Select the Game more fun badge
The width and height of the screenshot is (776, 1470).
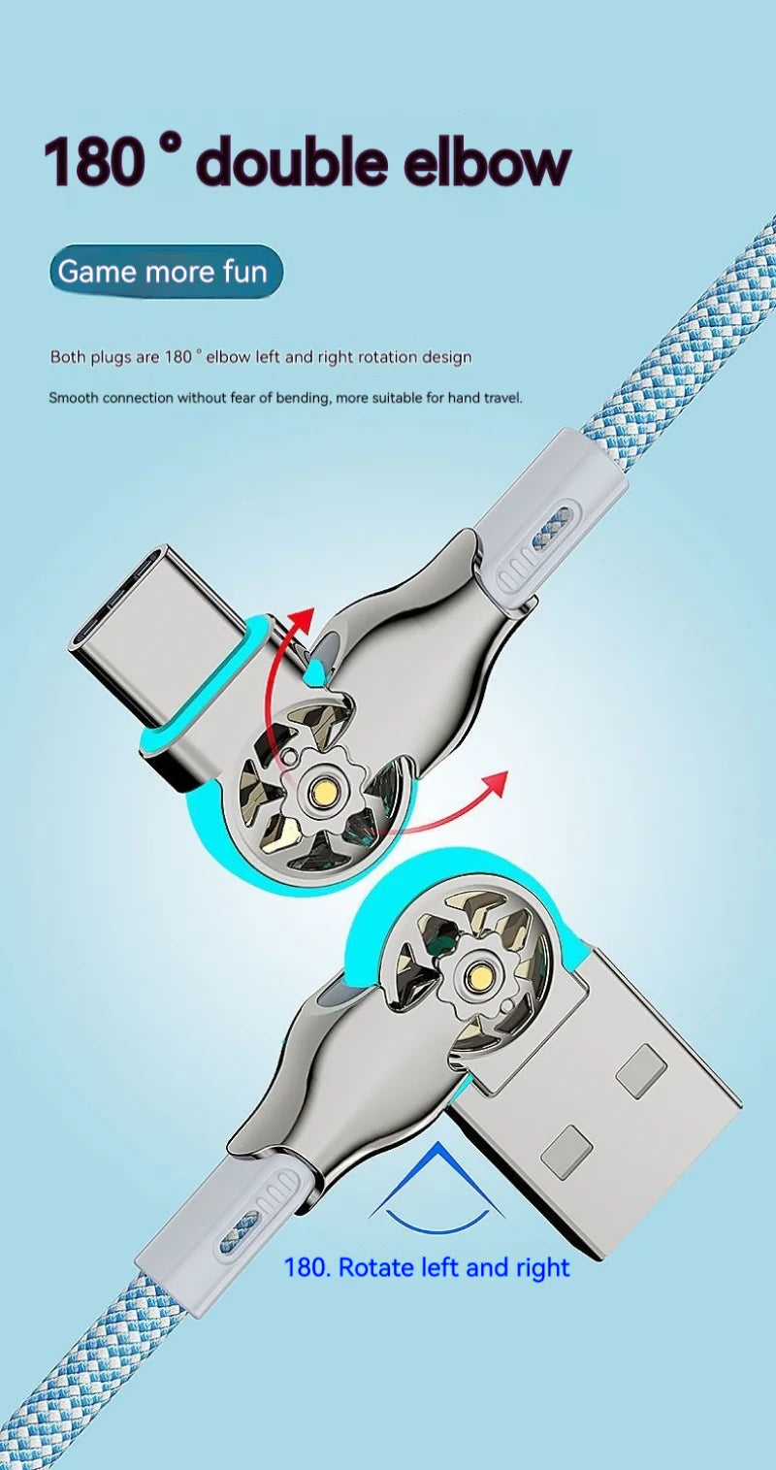point(165,272)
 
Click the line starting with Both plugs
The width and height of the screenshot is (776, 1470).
point(261,357)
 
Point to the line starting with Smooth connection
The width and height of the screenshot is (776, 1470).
point(285,398)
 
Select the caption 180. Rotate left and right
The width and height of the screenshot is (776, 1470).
point(427,1267)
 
